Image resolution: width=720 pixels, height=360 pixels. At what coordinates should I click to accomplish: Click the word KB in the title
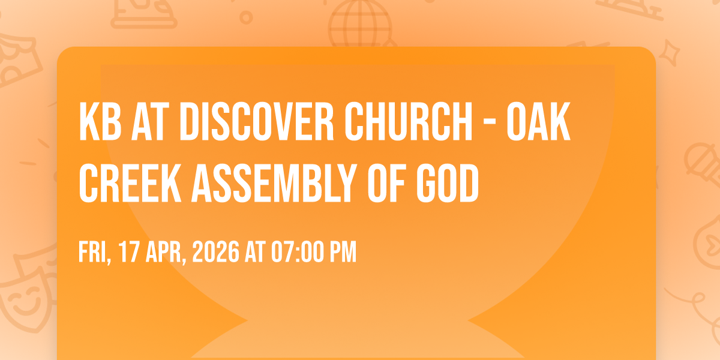coord(100,121)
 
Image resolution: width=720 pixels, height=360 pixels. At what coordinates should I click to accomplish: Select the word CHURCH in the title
coord(409,121)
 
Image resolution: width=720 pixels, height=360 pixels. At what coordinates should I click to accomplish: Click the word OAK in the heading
coord(539,121)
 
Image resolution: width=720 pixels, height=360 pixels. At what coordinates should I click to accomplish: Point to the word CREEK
coord(130,183)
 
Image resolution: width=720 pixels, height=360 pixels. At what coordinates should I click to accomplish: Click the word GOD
coord(448,183)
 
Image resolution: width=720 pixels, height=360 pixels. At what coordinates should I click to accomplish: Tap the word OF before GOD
coord(387,183)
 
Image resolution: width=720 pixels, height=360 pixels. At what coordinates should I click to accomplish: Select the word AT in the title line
coord(150,121)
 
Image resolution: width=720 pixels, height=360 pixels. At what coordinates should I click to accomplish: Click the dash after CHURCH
coord(490,124)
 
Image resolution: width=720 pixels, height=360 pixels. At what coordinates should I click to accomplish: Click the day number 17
coord(128,252)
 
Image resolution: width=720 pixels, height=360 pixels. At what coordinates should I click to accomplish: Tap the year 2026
coord(215,252)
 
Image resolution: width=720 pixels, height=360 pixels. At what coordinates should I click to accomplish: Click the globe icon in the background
coord(361,24)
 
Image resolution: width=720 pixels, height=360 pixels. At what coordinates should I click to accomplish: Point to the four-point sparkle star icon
coord(669,53)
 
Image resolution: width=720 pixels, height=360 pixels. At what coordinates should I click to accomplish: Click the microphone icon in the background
coord(703,164)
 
